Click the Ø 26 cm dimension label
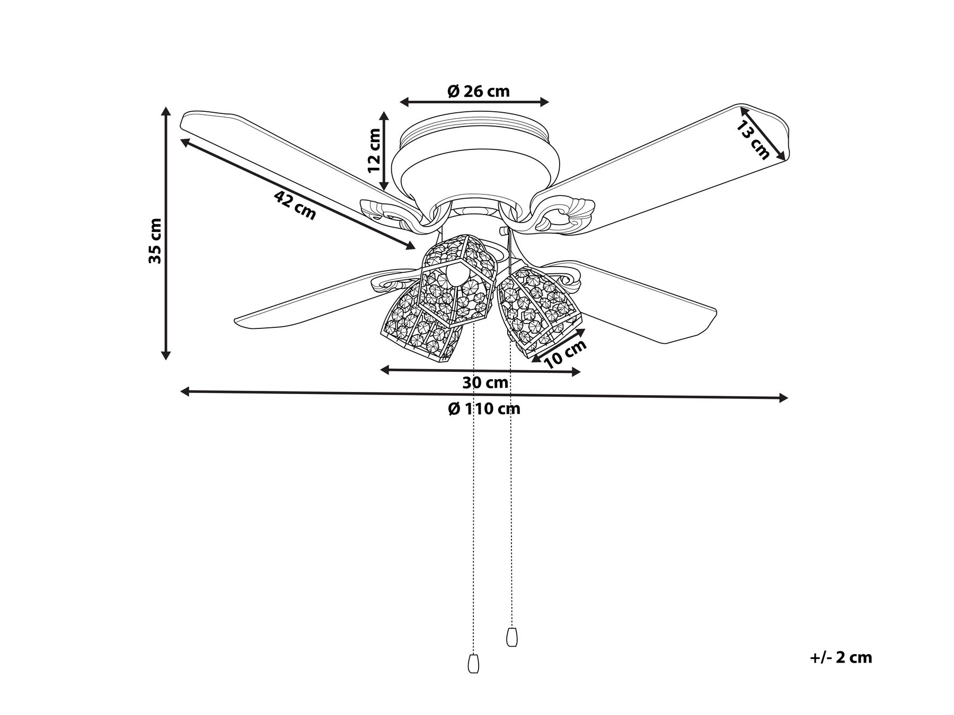[478, 92]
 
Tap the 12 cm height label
[375, 151]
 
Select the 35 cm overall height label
[155, 241]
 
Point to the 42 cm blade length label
[295, 205]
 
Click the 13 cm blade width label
[753, 140]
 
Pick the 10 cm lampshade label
[566, 353]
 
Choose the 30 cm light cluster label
[485, 382]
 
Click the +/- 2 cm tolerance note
[841, 658]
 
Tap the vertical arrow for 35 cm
[166, 233]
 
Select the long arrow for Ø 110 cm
[484, 395]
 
